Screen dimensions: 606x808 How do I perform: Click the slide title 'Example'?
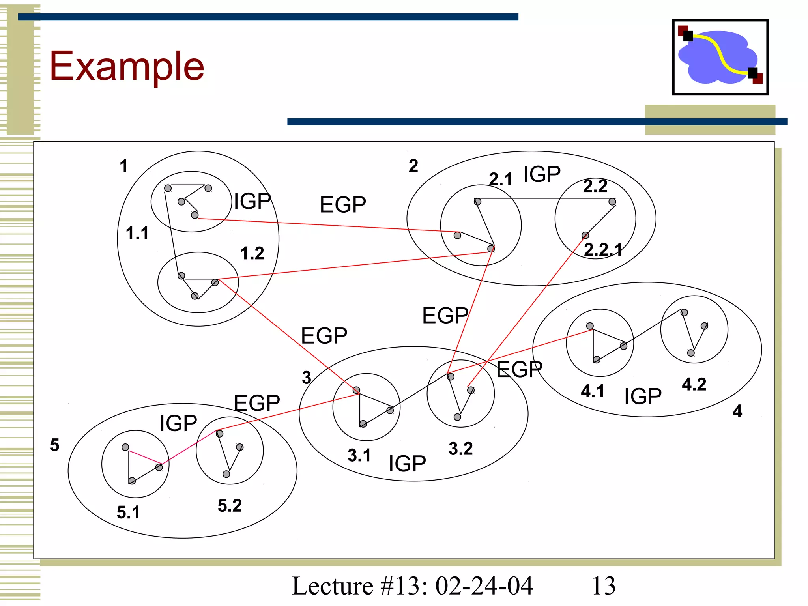pos(127,66)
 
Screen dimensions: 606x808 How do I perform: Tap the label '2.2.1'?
pos(603,250)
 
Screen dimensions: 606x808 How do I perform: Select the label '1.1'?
pos(137,233)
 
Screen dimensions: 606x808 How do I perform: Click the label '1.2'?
pos(252,253)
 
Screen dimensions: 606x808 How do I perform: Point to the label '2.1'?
pos(500,180)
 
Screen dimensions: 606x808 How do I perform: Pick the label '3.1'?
pos(359,455)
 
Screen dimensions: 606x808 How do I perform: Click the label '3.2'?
pos(460,449)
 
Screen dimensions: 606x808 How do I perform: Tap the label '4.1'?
pos(593,391)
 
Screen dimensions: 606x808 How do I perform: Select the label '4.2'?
pos(694,384)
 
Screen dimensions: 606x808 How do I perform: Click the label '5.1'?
pos(128,512)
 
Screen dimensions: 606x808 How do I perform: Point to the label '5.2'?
pos(230,506)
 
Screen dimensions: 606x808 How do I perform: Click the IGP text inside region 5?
pos(178,423)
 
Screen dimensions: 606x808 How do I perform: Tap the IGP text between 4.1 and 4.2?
pos(643,397)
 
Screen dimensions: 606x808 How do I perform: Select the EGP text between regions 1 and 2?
pos(343,205)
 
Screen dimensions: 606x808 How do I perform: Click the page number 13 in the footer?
pos(604,586)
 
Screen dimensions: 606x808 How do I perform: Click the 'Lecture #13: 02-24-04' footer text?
pos(412,586)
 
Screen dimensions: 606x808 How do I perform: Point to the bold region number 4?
pos(737,411)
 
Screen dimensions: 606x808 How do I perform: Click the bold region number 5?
pos(55,445)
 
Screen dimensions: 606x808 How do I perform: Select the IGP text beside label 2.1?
pos(542,174)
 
